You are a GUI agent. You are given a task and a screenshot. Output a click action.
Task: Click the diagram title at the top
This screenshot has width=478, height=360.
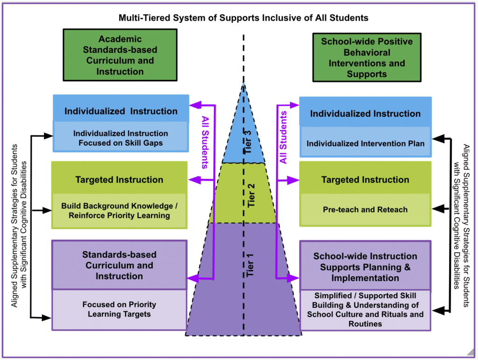tap(243, 18)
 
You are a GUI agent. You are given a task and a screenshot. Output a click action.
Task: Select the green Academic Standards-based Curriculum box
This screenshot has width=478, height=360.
tap(120, 55)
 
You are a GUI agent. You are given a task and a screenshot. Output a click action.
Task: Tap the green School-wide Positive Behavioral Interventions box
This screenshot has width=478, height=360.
tap(366, 57)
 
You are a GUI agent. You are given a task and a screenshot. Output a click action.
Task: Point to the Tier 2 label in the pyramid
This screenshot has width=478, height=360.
tap(251, 195)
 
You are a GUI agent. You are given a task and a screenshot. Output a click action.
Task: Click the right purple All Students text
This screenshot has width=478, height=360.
tap(283, 137)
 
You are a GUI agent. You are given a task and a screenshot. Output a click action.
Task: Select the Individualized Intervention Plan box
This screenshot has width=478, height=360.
tap(365, 143)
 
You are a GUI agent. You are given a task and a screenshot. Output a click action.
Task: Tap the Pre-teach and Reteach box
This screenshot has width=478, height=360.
tap(365, 210)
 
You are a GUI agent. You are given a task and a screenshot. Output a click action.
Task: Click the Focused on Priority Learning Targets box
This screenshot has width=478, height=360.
tap(119, 309)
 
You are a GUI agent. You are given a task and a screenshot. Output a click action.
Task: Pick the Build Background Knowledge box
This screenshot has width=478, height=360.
tap(119, 211)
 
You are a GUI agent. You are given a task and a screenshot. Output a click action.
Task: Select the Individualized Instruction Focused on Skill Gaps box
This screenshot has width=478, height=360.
tap(120, 138)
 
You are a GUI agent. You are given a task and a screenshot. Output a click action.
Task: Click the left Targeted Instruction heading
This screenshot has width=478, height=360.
tap(119, 180)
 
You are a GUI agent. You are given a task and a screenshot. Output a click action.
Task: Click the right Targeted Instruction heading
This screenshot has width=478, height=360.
tap(365, 180)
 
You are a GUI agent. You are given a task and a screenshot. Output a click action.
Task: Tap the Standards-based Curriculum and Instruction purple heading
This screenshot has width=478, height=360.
tap(119, 265)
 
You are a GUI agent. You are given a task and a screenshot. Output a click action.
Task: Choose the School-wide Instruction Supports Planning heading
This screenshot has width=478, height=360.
tap(365, 267)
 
